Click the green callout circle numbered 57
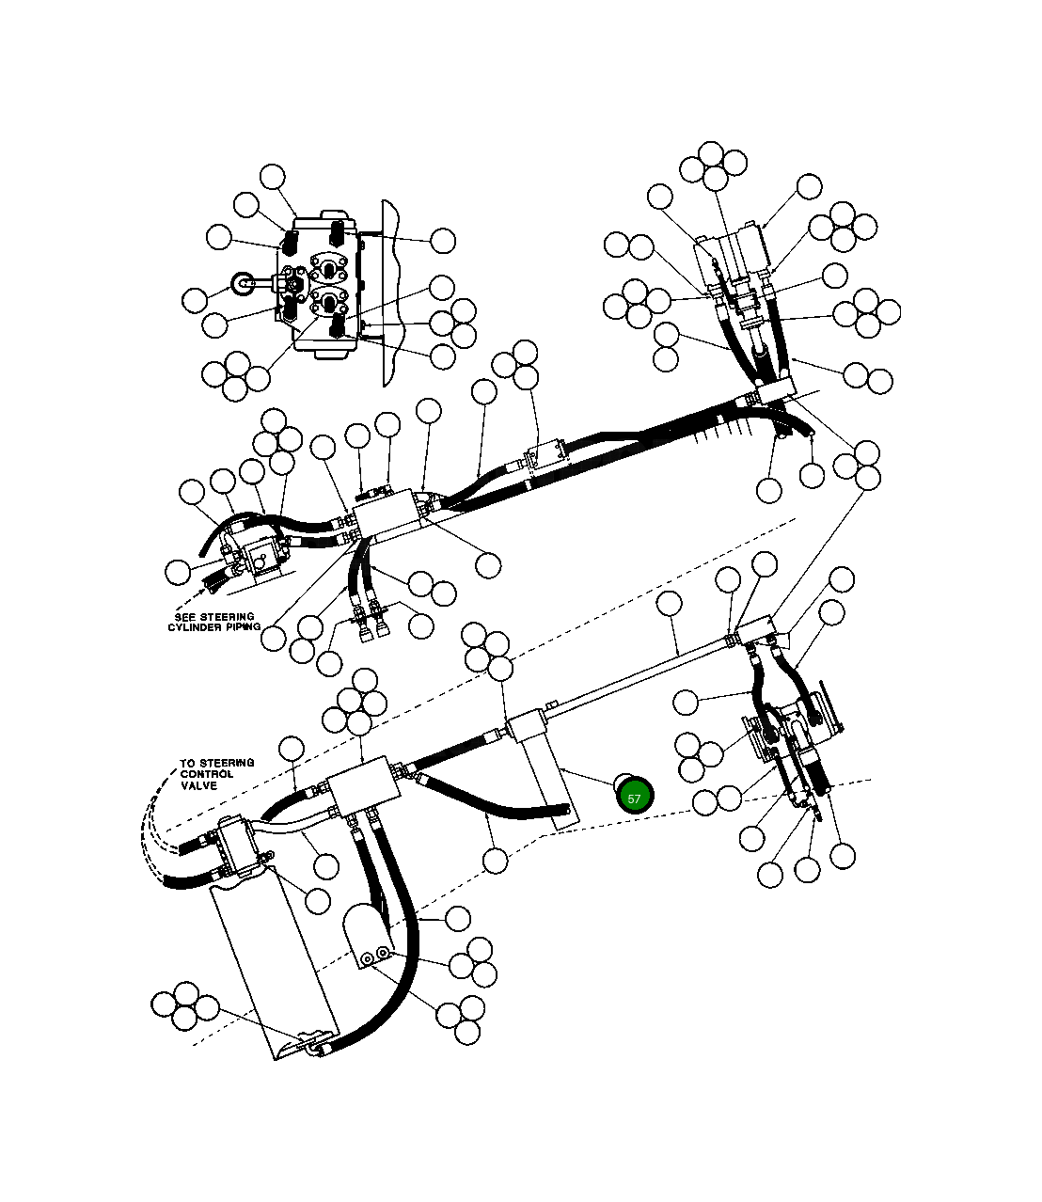634,797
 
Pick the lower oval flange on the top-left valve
327,302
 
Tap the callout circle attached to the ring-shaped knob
196,300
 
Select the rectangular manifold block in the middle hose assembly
387,514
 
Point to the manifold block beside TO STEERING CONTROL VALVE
358,782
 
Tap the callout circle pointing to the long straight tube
669,604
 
